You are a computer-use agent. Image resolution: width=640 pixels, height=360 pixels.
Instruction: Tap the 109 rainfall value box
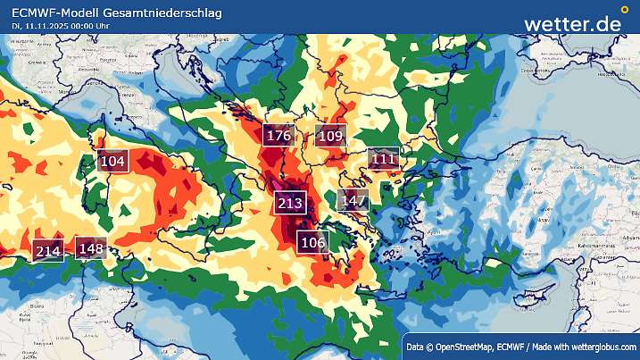pos(330,137)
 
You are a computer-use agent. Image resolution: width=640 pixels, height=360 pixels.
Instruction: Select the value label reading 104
pos(113,161)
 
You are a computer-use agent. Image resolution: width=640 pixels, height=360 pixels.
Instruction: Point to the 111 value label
pos(383,159)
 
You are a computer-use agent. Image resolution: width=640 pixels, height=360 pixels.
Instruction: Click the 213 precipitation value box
pos(291,203)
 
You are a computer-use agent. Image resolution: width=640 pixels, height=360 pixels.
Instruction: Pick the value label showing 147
pos(353,200)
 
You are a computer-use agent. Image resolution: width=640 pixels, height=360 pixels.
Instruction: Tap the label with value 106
pos(312,242)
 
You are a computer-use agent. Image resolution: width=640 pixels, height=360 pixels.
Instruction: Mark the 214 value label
pos(47,251)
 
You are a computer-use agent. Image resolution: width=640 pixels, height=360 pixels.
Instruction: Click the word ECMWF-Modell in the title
pos(56,12)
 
